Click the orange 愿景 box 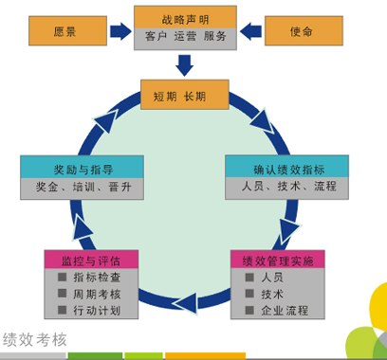point(67,31)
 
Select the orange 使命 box point(304,31)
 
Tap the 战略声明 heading point(185,20)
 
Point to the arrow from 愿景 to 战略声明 point(120,31)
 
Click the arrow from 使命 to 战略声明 point(250,31)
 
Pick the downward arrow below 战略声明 point(185,65)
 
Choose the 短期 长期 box point(185,95)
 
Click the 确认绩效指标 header point(286,166)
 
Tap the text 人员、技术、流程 point(289,187)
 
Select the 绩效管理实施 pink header point(278,260)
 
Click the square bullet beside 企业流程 point(249,310)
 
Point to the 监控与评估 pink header point(91,260)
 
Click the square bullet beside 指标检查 point(63,277)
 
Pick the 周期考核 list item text point(97,295)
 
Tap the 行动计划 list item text point(97,311)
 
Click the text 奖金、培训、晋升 point(83,187)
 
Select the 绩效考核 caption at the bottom point(35,340)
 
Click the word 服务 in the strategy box point(214,36)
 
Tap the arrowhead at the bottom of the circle point(186,304)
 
